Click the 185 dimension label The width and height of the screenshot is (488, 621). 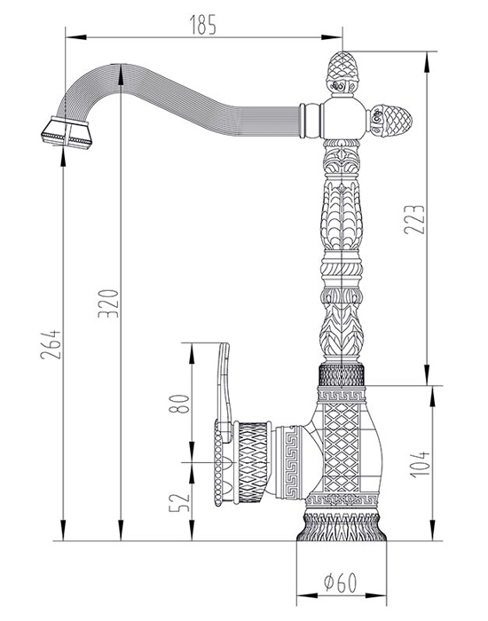click(x=203, y=25)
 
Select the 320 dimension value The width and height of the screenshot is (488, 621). click(x=108, y=303)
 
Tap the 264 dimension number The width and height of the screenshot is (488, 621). click(x=51, y=344)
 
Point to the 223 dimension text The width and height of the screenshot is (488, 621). click(x=414, y=219)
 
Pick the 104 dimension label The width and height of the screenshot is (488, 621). click(x=420, y=464)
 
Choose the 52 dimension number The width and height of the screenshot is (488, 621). click(x=179, y=502)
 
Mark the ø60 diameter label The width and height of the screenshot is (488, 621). click(x=340, y=582)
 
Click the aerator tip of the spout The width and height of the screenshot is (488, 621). click(x=67, y=133)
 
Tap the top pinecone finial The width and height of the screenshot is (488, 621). click(x=342, y=74)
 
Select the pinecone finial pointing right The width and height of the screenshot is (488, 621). click(x=390, y=120)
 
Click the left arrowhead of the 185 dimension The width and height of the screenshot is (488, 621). click(x=76, y=37)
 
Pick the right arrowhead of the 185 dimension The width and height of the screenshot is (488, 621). click(x=332, y=37)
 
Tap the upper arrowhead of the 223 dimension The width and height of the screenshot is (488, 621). click(x=427, y=62)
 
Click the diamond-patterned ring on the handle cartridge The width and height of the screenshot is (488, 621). click(x=252, y=462)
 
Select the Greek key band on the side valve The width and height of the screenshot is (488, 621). click(x=288, y=462)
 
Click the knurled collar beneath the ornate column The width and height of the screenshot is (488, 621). click(x=342, y=374)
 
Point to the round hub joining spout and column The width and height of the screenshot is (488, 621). click(x=342, y=119)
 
